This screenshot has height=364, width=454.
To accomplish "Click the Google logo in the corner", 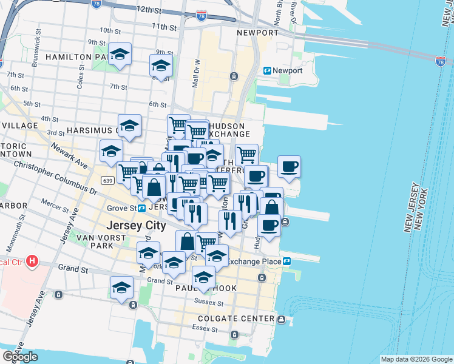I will pyautogui.click(x=20, y=357).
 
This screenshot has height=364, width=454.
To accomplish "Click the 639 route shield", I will pyautogui.click(x=107, y=181).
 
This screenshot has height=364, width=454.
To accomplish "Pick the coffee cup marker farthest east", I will pyautogui.click(x=289, y=166).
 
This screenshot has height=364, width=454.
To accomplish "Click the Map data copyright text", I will pyautogui.click(x=416, y=359).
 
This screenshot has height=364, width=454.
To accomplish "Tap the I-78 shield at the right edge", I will pyautogui.click(x=441, y=61).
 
